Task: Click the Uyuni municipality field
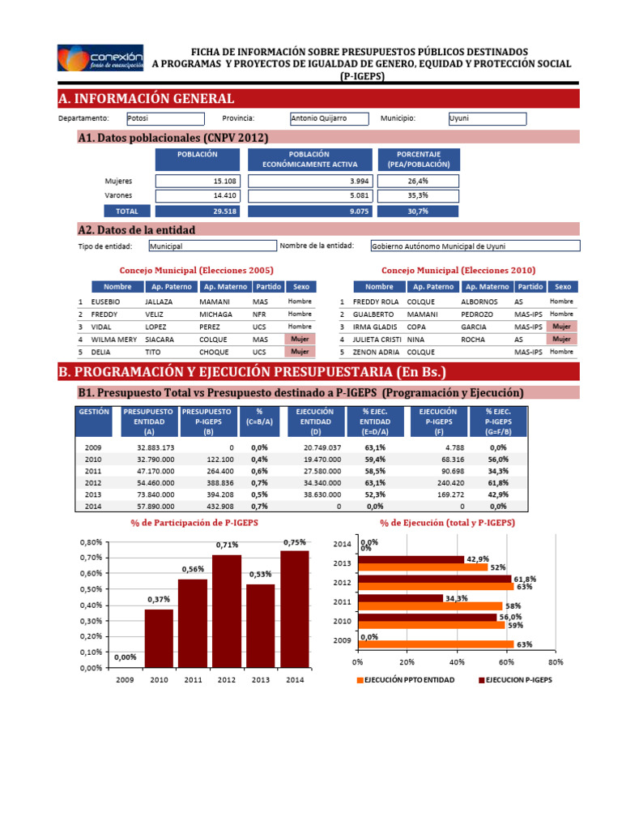coord(487,118)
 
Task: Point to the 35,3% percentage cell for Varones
coord(419,195)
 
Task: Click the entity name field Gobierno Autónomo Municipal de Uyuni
coord(475,246)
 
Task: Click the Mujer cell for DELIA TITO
coord(300,353)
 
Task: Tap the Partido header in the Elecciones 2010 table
coord(530,286)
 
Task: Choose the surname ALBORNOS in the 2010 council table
coord(479,301)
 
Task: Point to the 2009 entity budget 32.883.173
coord(149,447)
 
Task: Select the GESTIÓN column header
coord(94,412)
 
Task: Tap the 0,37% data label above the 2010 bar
coord(158,599)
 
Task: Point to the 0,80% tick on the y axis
coord(91,541)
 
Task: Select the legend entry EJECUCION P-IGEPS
coord(518,680)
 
